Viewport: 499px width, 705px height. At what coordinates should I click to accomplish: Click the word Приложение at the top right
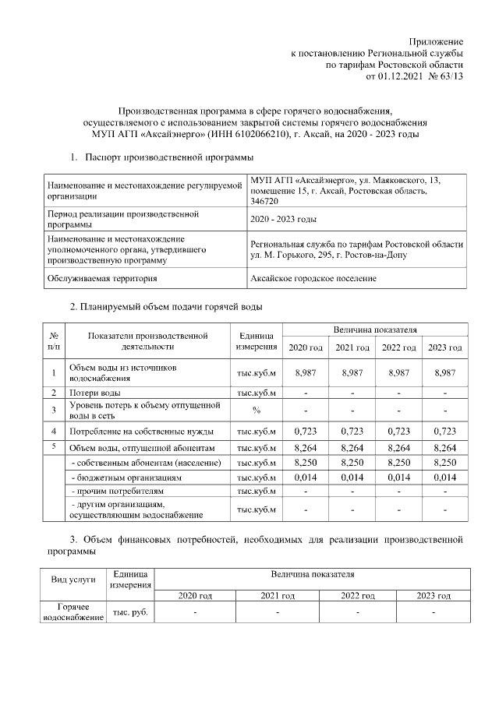437,41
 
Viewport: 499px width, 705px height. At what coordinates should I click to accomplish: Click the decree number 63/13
451,76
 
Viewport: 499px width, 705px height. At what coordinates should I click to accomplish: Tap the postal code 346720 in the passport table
265,201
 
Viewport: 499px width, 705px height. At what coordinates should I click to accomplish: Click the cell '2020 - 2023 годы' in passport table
283,220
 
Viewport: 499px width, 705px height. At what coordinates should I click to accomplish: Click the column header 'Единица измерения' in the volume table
257,341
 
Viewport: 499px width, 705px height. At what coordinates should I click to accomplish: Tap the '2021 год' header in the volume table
352,347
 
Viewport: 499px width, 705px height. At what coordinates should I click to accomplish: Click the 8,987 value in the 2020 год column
305,373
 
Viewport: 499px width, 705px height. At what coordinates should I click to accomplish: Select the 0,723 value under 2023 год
444,431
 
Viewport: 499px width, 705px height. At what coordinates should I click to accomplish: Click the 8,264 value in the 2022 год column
398,447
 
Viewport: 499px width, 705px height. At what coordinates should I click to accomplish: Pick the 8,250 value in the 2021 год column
352,463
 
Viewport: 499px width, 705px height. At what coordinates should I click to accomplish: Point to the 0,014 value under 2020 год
305,477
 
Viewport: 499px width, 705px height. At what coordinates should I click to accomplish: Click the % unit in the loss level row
257,410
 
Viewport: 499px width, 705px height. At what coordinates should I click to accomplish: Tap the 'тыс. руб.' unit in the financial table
131,612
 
